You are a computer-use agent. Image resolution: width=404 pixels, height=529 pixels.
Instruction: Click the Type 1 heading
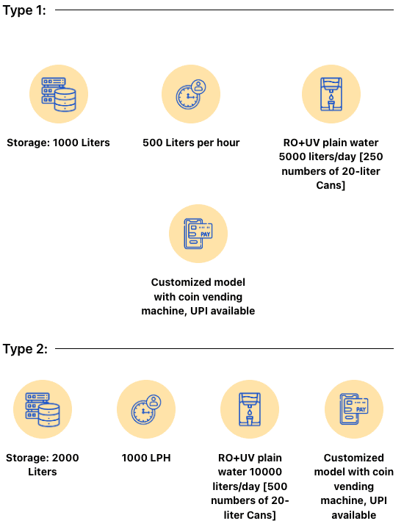(x=24, y=10)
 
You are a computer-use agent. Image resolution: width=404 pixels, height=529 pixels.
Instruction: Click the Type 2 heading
(x=25, y=349)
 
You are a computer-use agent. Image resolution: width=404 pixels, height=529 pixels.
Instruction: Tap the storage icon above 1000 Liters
(x=59, y=94)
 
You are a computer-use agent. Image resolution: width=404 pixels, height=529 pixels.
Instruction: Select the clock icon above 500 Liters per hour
(x=191, y=94)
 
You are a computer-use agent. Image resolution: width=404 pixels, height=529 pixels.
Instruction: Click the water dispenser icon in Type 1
(x=331, y=94)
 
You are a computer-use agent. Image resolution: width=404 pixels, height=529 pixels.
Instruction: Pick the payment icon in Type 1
(x=198, y=234)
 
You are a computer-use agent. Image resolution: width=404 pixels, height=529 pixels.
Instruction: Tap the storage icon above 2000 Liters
(x=43, y=409)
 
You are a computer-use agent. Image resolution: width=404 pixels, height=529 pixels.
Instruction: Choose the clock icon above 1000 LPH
(x=146, y=409)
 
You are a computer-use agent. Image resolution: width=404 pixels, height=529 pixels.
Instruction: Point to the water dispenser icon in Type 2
(x=250, y=409)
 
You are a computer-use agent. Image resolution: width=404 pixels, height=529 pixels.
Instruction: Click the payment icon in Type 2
(x=354, y=409)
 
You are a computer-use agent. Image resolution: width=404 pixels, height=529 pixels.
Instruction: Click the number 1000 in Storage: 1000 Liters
(x=65, y=143)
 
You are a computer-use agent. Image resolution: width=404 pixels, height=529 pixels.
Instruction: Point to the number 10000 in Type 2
(x=266, y=472)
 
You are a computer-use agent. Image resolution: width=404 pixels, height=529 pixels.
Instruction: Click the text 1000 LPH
(x=146, y=458)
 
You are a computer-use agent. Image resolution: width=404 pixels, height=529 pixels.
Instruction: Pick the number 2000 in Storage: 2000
(x=65, y=458)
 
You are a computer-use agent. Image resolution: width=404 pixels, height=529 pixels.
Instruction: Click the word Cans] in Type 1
(x=331, y=185)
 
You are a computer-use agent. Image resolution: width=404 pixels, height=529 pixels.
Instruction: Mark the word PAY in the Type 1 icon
(x=206, y=234)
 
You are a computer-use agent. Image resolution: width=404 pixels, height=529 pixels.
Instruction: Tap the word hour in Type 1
(x=228, y=143)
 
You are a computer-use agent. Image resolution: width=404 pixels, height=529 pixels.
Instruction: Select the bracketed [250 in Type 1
(x=371, y=157)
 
